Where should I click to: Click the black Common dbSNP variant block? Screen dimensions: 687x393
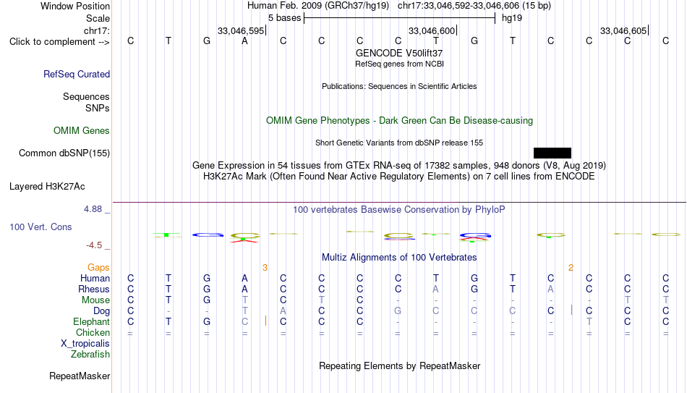(x=552, y=153)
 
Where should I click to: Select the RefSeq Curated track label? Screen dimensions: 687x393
(x=77, y=74)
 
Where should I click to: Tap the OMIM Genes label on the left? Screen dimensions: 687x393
(x=82, y=131)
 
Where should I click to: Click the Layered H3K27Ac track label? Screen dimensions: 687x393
(x=47, y=187)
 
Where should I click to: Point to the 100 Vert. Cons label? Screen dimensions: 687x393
(x=40, y=227)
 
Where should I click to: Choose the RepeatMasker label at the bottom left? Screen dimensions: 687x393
(x=80, y=376)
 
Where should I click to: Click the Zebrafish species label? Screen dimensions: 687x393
(x=90, y=354)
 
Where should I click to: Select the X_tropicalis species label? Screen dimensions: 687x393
(x=85, y=344)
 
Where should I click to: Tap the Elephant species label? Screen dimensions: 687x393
(x=91, y=321)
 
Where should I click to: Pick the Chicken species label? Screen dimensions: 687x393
(x=93, y=332)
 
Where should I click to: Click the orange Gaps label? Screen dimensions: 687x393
(x=98, y=268)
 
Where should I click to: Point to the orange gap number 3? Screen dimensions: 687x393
(x=265, y=268)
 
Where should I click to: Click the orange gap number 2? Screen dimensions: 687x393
(x=571, y=268)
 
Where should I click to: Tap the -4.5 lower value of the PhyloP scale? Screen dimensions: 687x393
(x=94, y=245)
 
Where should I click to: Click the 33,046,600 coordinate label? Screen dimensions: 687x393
(x=432, y=30)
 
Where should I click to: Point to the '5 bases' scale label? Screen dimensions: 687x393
(x=285, y=18)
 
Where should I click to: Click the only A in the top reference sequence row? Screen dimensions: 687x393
(x=244, y=41)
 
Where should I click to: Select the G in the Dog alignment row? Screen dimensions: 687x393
(x=398, y=311)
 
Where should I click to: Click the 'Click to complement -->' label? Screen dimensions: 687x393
(x=59, y=42)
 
